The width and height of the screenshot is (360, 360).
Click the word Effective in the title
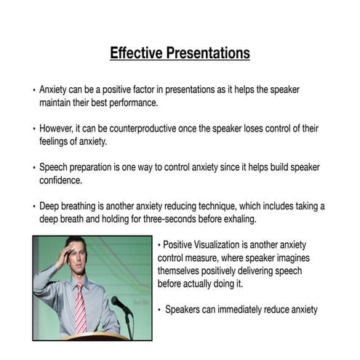(135, 53)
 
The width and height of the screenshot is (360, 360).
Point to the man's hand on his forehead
(70, 252)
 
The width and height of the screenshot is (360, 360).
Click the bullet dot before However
(34, 129)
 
